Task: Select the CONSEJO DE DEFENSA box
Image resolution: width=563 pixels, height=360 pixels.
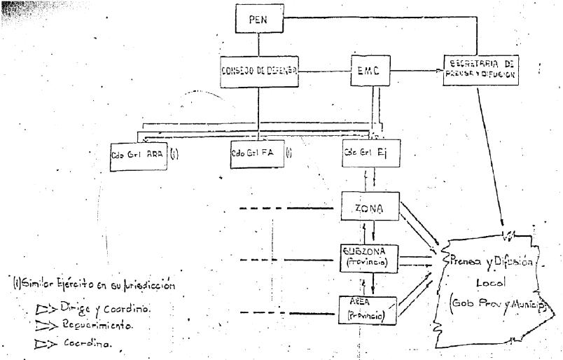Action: click(258, 71)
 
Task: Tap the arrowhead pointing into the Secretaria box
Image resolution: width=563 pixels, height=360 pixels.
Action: click(443, 71)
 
